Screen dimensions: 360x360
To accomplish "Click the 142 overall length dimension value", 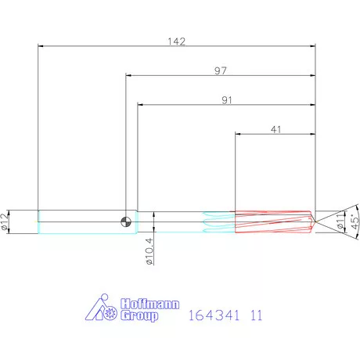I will [x=177, y=42].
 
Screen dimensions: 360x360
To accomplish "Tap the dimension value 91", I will [x=227, y=101].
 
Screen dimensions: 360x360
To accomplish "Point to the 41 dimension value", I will [x=275, y=131].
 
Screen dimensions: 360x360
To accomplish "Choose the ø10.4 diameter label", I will [x=149, y=251].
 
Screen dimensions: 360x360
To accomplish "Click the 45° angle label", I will [x=354, y=221].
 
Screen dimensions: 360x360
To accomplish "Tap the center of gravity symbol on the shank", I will [x=125, y=221].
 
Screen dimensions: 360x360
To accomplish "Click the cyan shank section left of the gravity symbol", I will [x=78, y=221].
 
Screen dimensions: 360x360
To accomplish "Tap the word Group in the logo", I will [x=139, y=315].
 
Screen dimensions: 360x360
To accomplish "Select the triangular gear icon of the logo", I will [x=103, y=310].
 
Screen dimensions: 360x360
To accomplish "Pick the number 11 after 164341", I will [x=255, y=317].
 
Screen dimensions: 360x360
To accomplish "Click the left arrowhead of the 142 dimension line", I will [x=41, y=46].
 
